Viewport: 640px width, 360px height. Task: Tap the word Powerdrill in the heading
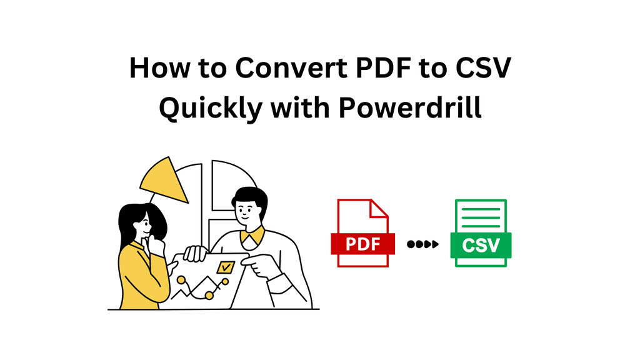(x=411, y=107)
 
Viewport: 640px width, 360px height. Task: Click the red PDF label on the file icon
(x=362, y=244)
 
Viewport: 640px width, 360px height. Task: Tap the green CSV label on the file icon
(x=481, y=244)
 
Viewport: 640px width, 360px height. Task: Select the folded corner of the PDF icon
(x=379, y=208)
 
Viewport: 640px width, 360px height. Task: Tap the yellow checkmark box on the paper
(x=223, y=267)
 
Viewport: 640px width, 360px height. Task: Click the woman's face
(x=143, y=223)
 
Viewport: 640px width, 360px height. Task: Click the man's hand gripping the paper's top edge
(x=196, y=252)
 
